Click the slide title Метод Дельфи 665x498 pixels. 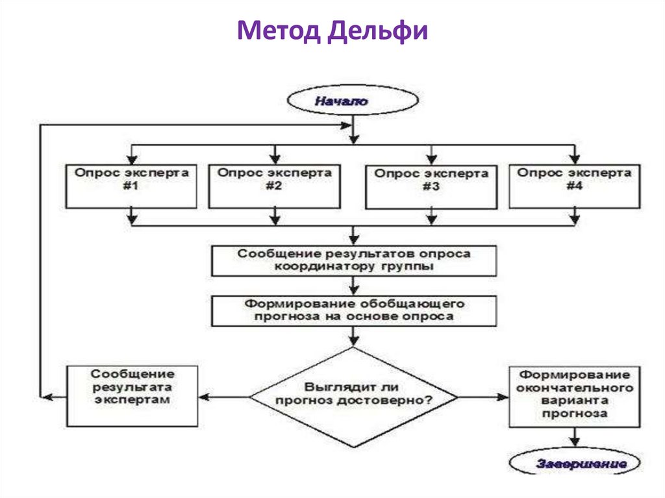[332, 31]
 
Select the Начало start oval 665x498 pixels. [353, 101]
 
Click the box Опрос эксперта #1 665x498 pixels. [131, 186]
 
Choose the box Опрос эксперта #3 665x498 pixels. [431, 186]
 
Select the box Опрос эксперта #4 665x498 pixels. [574, 186]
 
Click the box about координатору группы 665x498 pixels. [354, 260]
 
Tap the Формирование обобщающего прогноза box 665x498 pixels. [354, 310]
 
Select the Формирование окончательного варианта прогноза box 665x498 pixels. [574, 395]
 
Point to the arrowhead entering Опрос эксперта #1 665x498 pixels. [132, 158]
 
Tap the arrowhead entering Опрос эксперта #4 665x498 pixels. [574, 158]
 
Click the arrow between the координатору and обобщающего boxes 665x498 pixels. [354, 286]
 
